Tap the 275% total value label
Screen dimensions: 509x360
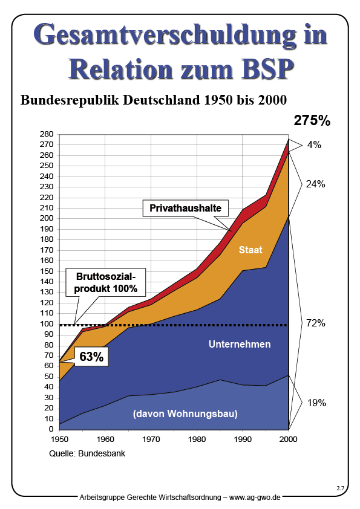[312, 120]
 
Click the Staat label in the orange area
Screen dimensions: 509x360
[250, 249]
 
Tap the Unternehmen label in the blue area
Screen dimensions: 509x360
[240, 344]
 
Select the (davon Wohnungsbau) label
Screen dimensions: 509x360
[185, 414]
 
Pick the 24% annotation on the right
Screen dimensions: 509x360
[315, 184]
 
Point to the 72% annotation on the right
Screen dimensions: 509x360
[316, 323]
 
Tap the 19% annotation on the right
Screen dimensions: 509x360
[316, 403]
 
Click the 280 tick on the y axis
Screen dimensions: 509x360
[47, 134]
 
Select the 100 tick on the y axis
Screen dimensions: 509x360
[47, 324]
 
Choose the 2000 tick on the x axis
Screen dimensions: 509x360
[289, 439]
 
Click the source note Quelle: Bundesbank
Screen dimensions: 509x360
[86, 453]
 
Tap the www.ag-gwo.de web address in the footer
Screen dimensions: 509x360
[255, 497]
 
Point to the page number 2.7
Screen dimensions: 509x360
[340, 487]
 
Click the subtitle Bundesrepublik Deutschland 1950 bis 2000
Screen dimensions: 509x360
[154, 99]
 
